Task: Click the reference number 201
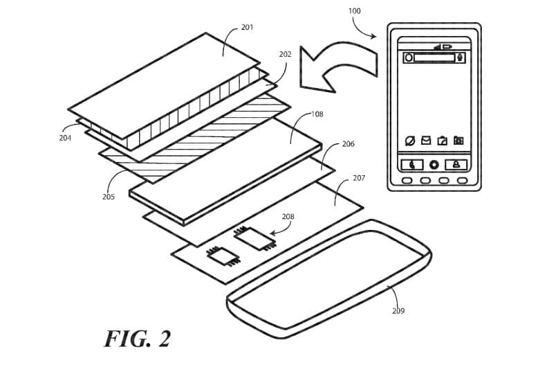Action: [x=247, y=28]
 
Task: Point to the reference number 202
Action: [x=285, y=54]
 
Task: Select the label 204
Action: [x=65, y=138]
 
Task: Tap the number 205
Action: [x=108, y=197]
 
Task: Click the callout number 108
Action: [x=317, y=114]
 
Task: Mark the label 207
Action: [x=358, y=178]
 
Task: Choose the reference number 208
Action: [x=288, y=217]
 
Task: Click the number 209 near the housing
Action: [x=398, y=311]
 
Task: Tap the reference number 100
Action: [x=354, y=12]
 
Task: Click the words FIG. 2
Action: [x=137, y=339]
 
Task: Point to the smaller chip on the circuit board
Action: [x=223, y=257]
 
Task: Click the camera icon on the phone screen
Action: [x=458, y=141]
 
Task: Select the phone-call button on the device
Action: [x=412, y=165]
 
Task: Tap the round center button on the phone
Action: [x=434, y=165]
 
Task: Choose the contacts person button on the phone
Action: [x=456, y=165]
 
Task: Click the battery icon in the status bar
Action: [x=446, y=47]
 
